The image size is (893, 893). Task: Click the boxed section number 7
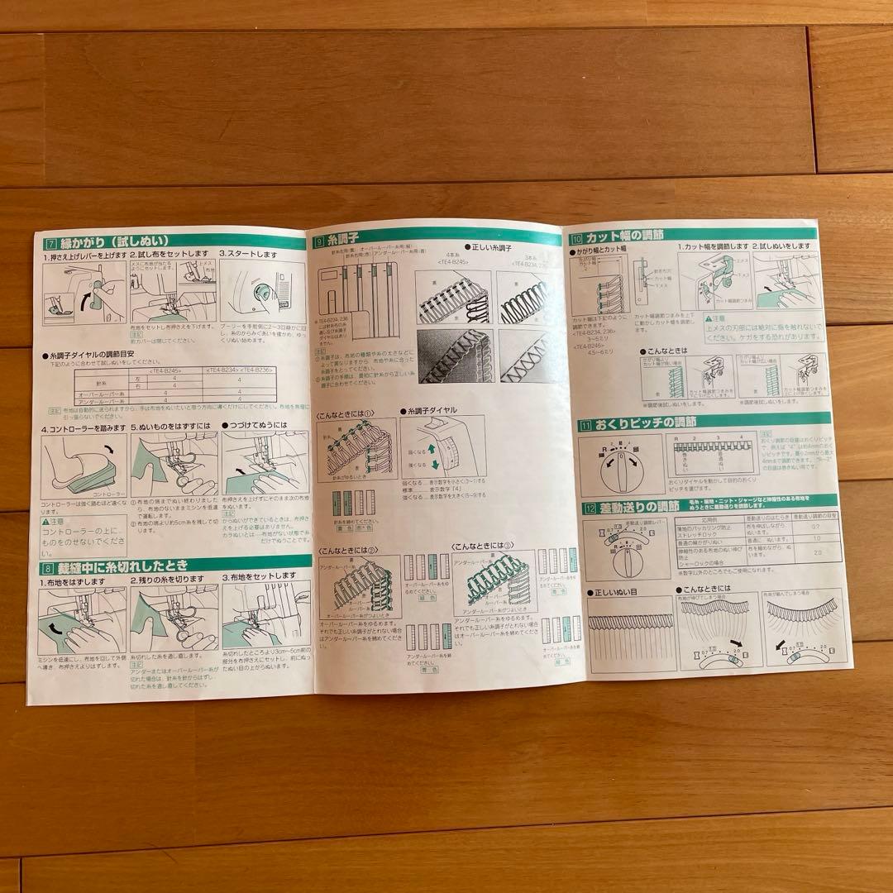click(52, 243)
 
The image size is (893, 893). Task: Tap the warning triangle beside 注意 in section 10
click(710, 318)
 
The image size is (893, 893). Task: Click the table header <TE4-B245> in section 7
click(168, 371)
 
